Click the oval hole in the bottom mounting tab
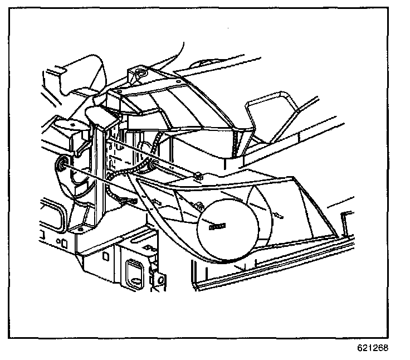coord(162,279)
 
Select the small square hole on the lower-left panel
coord(65,244)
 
